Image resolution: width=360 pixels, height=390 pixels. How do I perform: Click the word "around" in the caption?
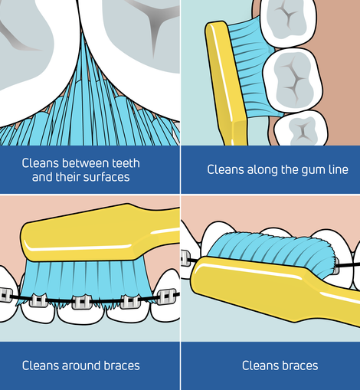coord(81,365)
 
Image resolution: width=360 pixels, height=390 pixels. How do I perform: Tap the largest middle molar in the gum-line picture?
coord(293,80)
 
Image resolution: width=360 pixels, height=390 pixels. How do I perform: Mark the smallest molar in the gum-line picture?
coord(301,129)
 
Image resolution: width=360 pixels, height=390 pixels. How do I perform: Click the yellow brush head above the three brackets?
coord(100,234)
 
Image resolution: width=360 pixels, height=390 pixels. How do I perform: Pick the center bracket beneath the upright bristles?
coord(82,302)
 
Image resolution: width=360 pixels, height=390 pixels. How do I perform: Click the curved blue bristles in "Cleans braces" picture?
coord(270,251)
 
